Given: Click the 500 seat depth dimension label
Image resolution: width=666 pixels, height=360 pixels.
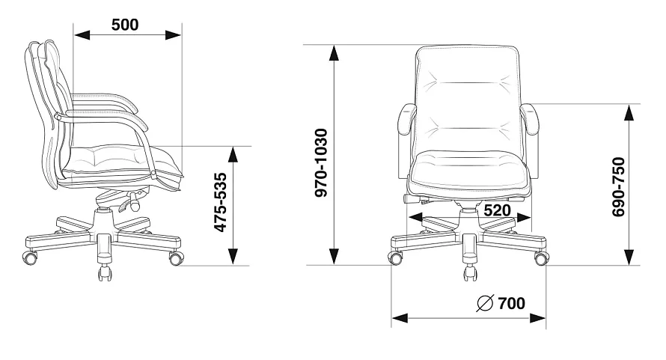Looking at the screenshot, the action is click(125, 25).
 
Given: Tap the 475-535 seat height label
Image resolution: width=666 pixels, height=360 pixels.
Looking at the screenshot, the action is click(220, 202).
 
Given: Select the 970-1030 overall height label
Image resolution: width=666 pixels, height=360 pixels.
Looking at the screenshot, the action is click(321, 163).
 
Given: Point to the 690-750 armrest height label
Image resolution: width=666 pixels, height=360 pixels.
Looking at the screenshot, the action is click(618, 187).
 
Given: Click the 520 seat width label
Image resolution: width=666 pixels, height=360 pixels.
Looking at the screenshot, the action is click(497, 210).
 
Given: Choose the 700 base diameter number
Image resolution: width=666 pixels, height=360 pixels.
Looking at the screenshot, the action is click(511, 303).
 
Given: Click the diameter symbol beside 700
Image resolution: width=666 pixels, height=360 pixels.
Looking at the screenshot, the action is click(485, 303).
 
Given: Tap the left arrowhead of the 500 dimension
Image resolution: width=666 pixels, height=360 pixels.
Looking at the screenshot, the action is click(82, 35).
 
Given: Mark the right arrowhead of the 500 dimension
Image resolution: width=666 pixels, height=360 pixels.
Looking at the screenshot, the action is click(174, 35).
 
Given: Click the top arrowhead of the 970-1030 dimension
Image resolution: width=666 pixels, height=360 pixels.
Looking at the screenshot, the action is click(334, 52).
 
